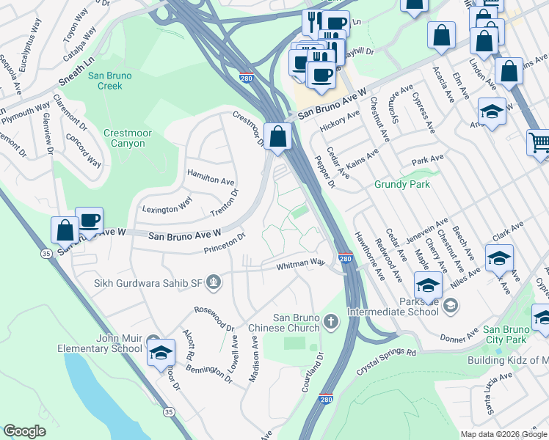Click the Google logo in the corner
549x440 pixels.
click(x=25, y=431)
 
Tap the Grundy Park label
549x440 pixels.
click(x=402, y=184)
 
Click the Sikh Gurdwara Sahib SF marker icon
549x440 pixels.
click(x=213, y=282)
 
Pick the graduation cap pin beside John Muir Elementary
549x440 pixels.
click(x=161, y=352)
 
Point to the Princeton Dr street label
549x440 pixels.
click(x=225, y=244)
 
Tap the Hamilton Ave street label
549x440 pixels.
click(x=211, y=177)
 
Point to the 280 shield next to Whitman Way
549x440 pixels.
click(x=346, y=259)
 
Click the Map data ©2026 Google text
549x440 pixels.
click(x=503, y=433)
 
